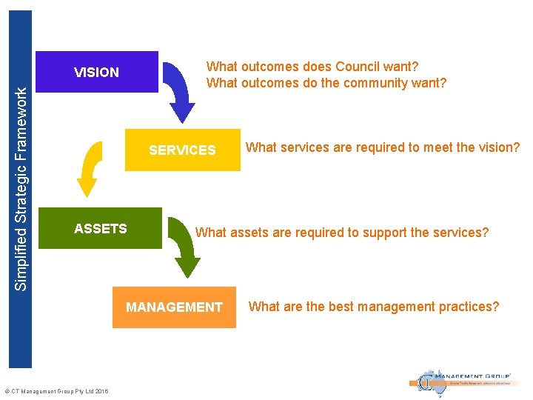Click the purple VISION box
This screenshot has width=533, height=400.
click(x=97, y=72)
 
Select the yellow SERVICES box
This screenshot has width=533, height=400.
click(x=182, y=150)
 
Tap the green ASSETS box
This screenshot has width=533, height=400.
click(x=101, y=228)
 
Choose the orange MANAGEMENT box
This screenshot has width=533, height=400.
click(x=174, y=307)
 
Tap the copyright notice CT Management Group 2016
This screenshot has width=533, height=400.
click(x=56, y=391)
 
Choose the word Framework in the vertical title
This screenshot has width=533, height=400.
click(x=23, y=118)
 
